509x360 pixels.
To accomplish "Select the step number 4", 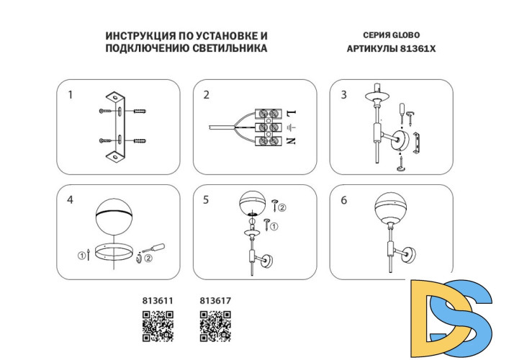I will pos(70,200).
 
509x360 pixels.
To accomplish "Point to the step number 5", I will pos(207,200).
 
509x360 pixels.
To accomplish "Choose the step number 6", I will pos(343,200).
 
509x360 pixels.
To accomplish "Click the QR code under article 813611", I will pos(158,325).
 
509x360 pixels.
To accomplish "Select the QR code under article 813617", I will pos(215,325).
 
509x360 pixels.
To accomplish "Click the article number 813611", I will pos(158,302).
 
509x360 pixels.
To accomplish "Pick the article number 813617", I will pos(215,302).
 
